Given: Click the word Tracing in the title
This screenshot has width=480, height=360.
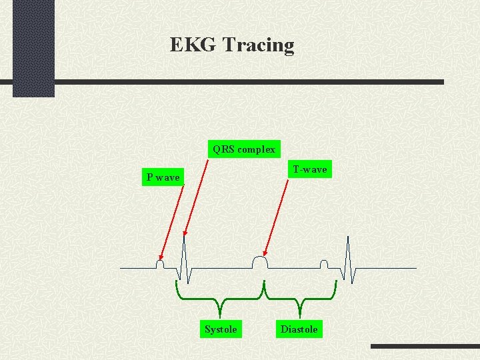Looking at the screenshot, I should pyautogui.click(x=258, y=45).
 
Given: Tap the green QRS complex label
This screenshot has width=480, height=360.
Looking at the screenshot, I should pyautogui.click(x=244, y=149).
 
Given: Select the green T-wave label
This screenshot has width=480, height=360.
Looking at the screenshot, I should pyautogui.click(x=310, y=169).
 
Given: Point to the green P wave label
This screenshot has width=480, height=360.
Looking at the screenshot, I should pyautogui.click(x=163, y=177).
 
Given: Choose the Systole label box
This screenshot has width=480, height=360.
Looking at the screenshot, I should pyautogui.click(x=221, y=329).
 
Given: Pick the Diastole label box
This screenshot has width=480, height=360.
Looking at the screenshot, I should pyautogui.click(x=299, y=329).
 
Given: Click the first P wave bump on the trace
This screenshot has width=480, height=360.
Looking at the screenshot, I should pyautogui.click(x=160, y=263).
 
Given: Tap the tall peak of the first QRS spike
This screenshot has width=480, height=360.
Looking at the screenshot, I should pyautogui.click(x=185, y=237).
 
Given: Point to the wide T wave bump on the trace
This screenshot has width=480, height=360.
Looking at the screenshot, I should pyautogui.click(x=259, y=261).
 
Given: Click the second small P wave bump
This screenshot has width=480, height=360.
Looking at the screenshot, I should pyautogui.click(x=324, y=264).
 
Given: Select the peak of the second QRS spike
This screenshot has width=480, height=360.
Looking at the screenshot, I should pyautogui.click(x=347, y=239).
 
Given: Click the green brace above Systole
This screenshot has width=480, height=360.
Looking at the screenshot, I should pyautogui.click(x=220, y=297).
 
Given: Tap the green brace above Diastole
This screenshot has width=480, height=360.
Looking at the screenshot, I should pyautogui.click(x=300, y=297).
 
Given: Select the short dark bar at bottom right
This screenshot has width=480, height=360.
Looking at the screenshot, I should pyautogui.click(x=425, y=347).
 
